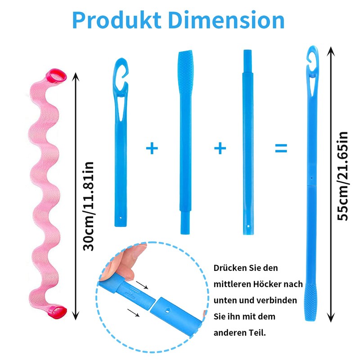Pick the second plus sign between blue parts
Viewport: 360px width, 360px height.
point(220,148)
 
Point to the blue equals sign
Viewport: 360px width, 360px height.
point(281,148)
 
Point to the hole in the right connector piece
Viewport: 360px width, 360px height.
point(167,310)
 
